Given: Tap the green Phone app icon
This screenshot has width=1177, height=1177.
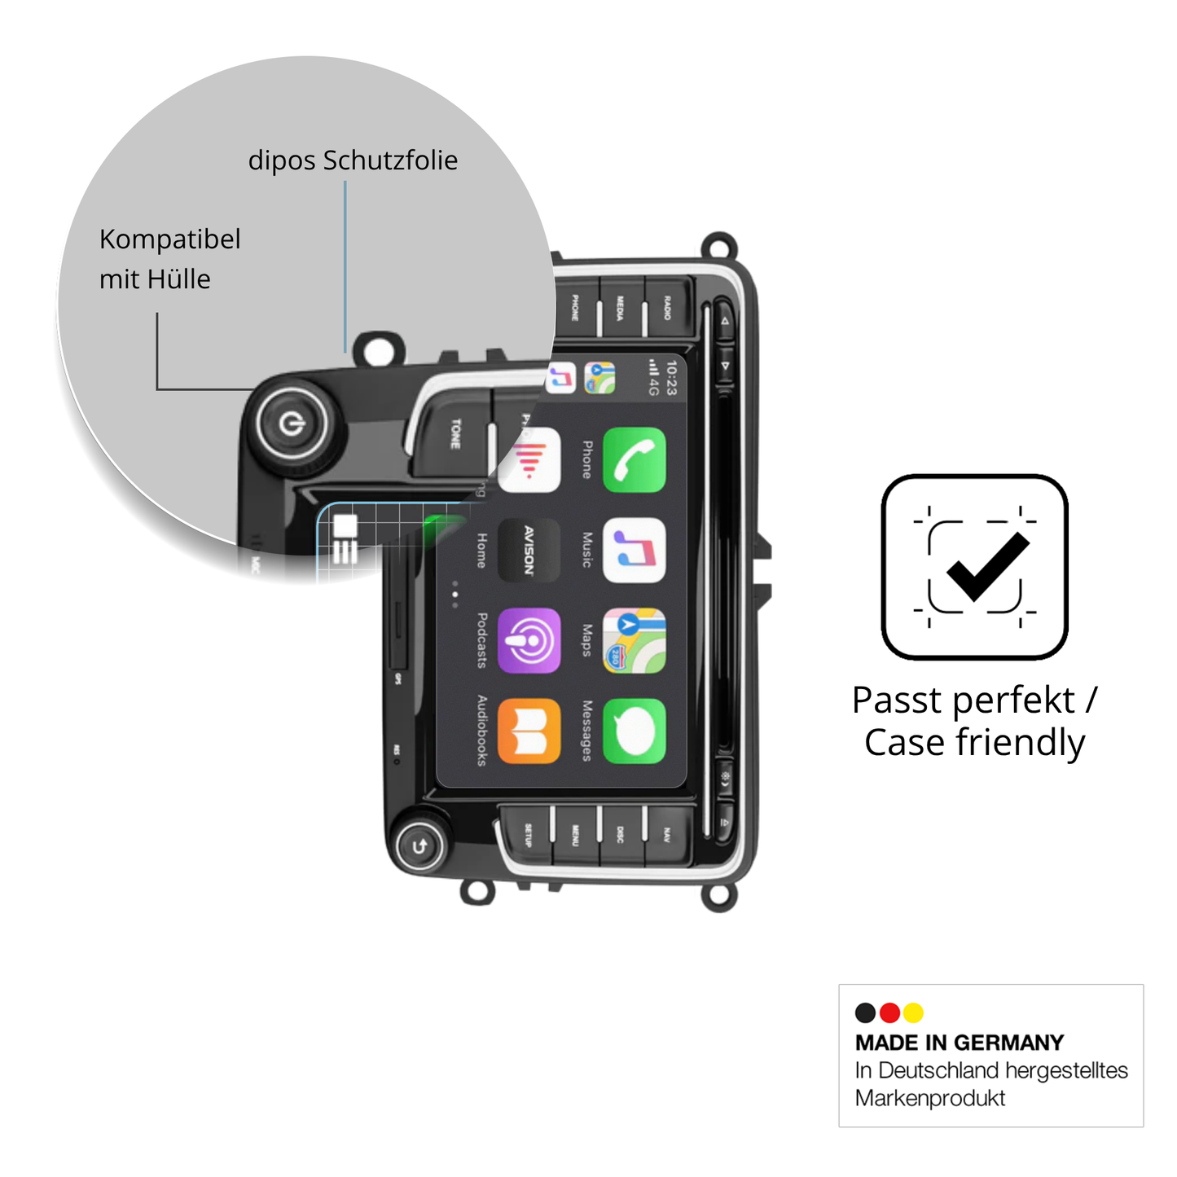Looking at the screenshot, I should (634, 460).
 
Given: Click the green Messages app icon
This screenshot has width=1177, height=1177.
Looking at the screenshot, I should (634, 731).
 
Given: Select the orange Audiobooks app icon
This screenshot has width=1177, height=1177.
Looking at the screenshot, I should (529, 731).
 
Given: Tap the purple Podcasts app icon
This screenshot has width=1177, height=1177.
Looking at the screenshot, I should (529, 640).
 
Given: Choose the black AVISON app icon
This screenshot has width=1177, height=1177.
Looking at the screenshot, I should (529, 551).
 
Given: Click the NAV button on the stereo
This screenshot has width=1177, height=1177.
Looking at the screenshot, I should (667, 834).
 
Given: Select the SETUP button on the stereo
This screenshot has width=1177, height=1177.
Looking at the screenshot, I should (528, 834).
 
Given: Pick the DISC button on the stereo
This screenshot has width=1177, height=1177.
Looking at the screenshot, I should (621, 834).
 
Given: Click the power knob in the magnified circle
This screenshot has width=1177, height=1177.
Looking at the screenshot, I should (292, 424).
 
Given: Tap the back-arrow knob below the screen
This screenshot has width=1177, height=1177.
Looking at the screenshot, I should (419, 846).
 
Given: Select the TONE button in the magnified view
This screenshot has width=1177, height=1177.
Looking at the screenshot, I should (455, 433).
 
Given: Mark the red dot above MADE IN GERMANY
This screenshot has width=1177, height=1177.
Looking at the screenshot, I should (889, 1012).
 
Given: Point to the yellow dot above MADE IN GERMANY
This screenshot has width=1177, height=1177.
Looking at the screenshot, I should (913, 1012).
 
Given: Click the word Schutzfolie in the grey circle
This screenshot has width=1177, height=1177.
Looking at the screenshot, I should (390, 160).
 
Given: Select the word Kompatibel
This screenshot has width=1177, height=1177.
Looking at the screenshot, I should (169, 239).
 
